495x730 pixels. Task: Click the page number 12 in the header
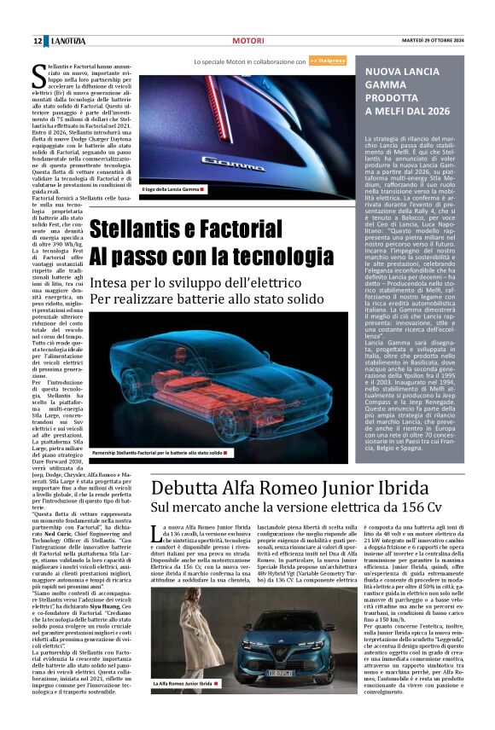38,40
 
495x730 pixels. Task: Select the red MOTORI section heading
247,40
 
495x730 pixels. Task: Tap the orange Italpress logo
328,61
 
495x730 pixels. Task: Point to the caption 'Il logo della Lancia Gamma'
171,188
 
